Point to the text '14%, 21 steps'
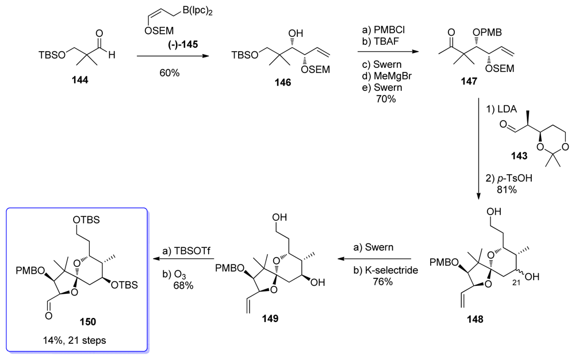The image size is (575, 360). click(75, 339)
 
